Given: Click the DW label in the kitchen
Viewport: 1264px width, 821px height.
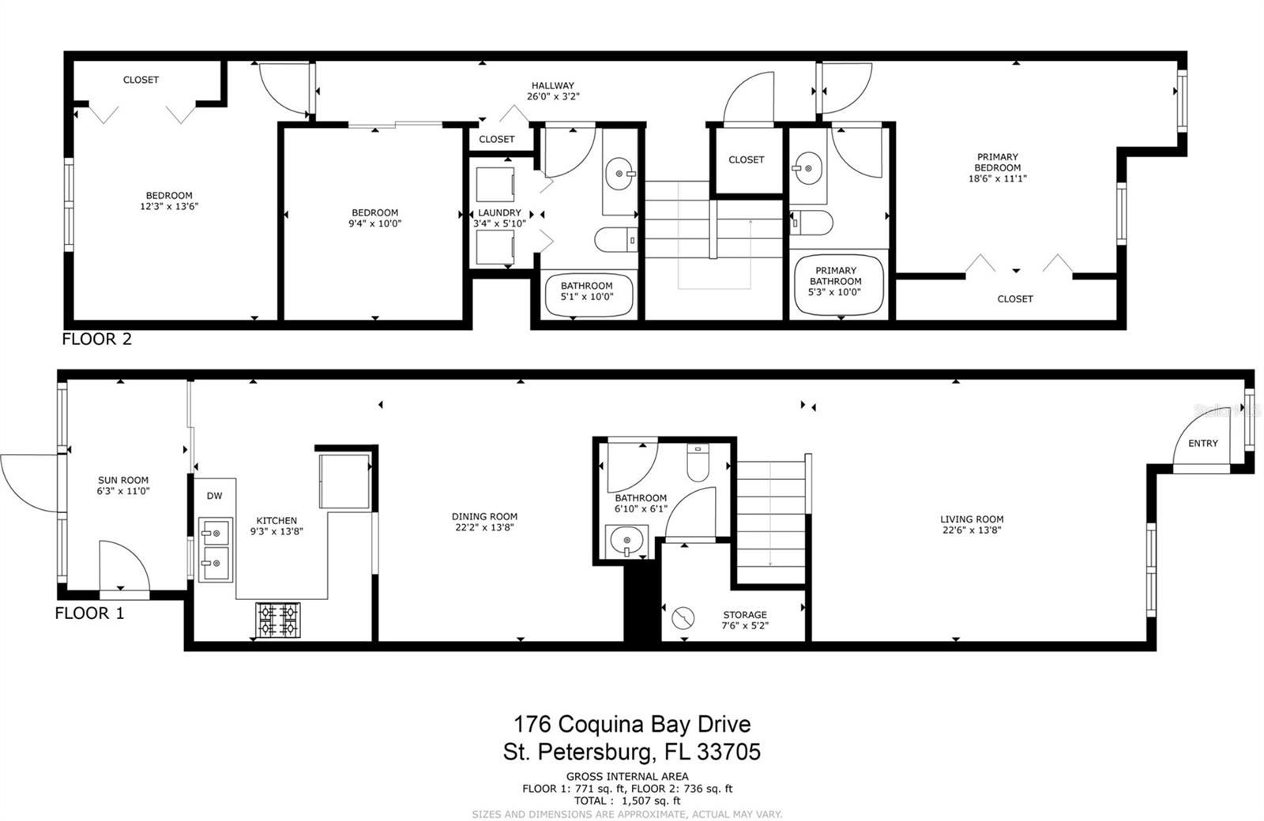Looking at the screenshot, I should [x=214, y=496].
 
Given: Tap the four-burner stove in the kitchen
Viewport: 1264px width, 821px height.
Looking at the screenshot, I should [x=278, y=620].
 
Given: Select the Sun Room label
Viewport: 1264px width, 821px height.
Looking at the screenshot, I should [x=123, y=480].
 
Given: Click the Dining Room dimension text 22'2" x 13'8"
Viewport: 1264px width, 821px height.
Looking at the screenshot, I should [x=485, y=527].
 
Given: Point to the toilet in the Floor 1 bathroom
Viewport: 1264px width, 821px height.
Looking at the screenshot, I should [x=697, y=464].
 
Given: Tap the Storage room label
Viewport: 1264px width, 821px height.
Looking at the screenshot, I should [x=744, y=615].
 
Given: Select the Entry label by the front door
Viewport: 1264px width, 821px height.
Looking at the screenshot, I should [x=1203, y=443].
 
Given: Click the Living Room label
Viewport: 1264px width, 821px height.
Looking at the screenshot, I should [x=972, y=519].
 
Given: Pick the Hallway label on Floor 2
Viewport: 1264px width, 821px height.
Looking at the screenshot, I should [x=552, y=86].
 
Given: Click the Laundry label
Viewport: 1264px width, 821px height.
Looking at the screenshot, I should [x=499, y=213].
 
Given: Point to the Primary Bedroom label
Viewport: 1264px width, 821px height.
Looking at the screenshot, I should [x=997, y=162].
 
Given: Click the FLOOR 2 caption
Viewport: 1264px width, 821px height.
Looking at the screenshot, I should [x=97, y=339].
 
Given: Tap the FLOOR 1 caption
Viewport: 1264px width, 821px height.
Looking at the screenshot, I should [x=89, y=613].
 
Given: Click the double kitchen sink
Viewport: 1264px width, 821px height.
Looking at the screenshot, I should [x=215, y=548].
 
